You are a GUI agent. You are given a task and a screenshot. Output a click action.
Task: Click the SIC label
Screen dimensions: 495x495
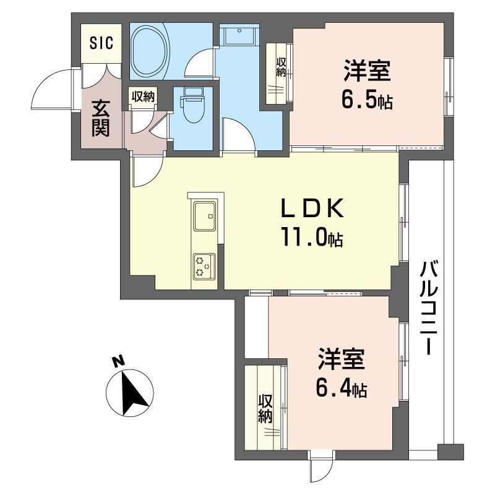pos(101,43)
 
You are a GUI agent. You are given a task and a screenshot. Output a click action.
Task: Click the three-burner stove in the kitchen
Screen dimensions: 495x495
pos(205,266)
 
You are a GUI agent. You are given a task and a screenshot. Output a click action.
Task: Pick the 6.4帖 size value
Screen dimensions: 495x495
pos(342,388)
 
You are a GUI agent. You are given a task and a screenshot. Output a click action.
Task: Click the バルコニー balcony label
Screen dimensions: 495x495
pos(429,307)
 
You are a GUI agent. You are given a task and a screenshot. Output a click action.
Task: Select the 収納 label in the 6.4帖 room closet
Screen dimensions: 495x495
pos(265,409)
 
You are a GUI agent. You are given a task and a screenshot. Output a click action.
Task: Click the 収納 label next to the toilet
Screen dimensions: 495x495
pos(143,97)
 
